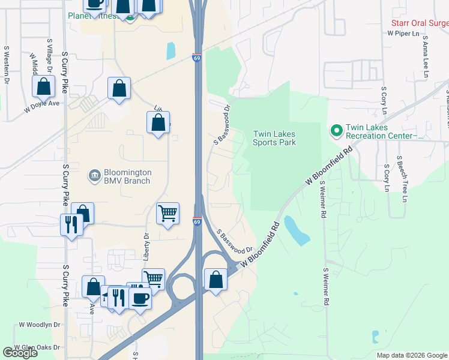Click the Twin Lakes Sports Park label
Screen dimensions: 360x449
click(274, 138)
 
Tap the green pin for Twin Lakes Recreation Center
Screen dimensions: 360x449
click(335, 130)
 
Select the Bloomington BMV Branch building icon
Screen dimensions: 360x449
click(94, 176)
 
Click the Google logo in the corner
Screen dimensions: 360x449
click(20, 353)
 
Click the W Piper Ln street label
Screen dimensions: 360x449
click(403, 34)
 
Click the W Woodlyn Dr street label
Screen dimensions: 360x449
click(40, 325)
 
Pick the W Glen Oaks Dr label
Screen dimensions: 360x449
click(37, 347)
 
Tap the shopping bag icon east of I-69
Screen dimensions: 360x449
click(215, 280)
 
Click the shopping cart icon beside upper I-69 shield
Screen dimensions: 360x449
click(167, 212)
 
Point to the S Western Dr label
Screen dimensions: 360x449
click(7, 65)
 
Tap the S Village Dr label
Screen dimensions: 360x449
click(49, 57)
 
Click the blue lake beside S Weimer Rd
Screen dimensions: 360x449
click(297, 230)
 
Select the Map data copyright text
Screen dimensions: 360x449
click(411, 355)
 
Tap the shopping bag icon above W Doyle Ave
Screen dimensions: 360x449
click(44, 87)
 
